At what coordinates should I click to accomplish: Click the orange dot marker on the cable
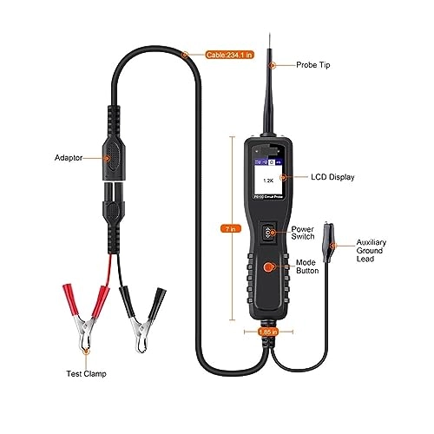[x=186, y=54]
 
